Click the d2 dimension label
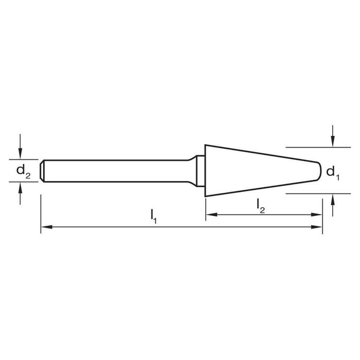[23, 172]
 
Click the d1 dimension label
[333, 173]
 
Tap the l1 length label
[153, 217]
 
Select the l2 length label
[261, 206]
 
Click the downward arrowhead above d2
[20, 153]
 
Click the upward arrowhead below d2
[20, 188]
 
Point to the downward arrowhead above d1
[333, 141]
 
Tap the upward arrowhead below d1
[333, 200]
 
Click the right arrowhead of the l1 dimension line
[317, 227]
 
